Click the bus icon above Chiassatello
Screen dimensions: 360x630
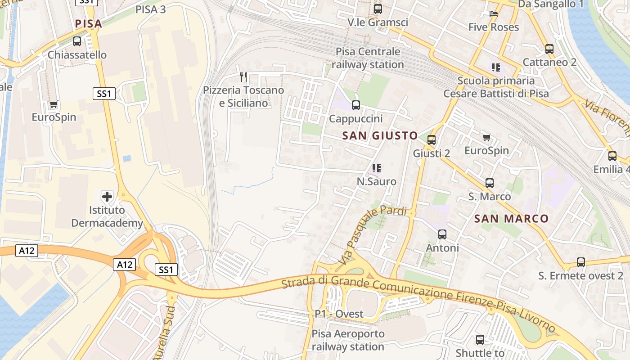click(x=77, y=41)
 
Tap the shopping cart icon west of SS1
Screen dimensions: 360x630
click(x=54, y=104)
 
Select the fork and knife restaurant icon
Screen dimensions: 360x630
click(x=243, y=76)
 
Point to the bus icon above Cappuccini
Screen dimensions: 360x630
click(x=355, y=105)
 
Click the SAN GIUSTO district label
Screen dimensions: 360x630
click(x=380, y=135)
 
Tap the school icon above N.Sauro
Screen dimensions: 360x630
click(x=377, y=168)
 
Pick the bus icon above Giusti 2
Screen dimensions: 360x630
click(x=432, y=140)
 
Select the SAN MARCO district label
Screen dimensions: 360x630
click(x=511, y=219)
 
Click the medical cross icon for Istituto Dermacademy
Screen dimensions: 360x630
click(x=107, y=197)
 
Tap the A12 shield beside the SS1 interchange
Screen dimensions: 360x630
click(x=124, y=265)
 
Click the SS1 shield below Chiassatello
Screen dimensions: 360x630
click(x=104, y=94)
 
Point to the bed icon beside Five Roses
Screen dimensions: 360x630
click(x=494, y=14)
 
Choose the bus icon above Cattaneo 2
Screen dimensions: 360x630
click(x=549, y=49)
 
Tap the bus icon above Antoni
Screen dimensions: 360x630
click(x=442, y=234)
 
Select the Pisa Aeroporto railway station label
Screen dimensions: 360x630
click(x=348, y=340)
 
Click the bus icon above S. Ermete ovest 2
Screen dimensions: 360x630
click(x=581, y=262)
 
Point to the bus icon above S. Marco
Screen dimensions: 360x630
click(x=489, y=183)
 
